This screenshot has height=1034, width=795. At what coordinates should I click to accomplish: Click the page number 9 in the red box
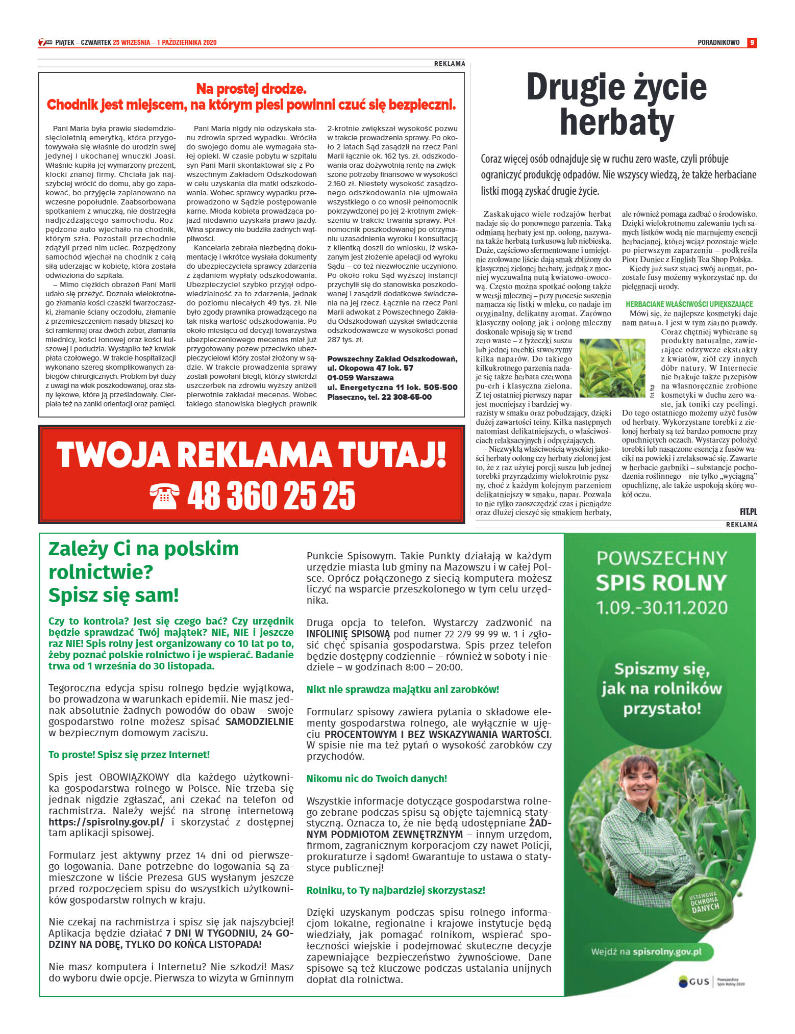(x=752, y=43)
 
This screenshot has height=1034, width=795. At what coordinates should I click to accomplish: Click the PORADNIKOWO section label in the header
(x=718, y=43)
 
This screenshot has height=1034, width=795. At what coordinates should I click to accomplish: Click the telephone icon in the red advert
(x=164, y=496)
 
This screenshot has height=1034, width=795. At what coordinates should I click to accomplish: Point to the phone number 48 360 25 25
(x=271, y=496)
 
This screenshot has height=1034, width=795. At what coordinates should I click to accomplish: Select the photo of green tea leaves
(x=612, y=368)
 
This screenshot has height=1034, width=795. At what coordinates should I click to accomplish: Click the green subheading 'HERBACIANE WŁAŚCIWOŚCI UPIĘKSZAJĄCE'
(x=689, y=304)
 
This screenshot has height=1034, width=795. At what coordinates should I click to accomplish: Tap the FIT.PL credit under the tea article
(x=748, y=511)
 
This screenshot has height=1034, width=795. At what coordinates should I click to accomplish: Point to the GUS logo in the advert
(x=694, y=981)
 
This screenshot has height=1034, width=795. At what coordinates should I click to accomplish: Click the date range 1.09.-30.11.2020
(x=662, y=607)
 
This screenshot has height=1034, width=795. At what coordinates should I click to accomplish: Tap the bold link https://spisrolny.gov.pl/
(x=106, y=822)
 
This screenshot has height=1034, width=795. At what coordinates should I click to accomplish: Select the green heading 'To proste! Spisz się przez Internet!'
(x=129, y=755)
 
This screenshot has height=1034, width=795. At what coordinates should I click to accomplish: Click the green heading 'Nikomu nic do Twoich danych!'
(x=377, y=779)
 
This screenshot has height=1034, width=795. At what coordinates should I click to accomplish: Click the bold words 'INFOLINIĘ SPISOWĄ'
(x=348, y=634)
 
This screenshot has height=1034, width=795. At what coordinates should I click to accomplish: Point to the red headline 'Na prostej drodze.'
(x=251, y=89)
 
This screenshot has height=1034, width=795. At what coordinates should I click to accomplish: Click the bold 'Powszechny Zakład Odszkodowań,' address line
(x=392, y=358)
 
